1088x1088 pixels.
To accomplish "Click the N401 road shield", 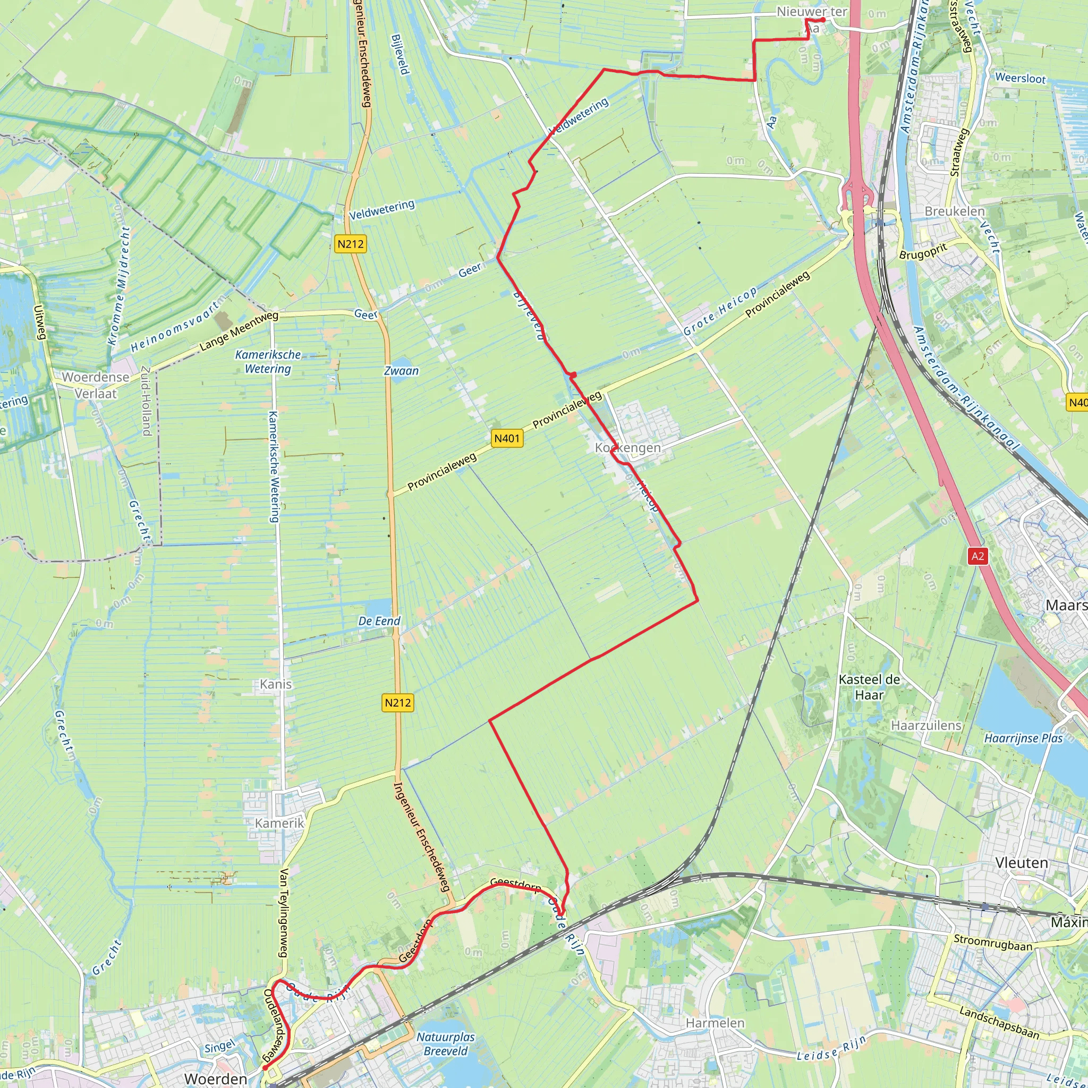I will coord(507,438).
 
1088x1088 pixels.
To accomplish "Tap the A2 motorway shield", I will coord(977,556).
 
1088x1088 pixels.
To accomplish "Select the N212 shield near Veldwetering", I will coord(350,244).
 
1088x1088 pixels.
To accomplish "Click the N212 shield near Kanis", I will coord(397,702).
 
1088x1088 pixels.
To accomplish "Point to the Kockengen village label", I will coord(628,448).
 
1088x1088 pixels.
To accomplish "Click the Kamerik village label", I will coord(279,823).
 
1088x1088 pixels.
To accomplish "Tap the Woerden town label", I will coord(215,1078).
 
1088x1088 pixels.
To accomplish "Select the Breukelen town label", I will coord(955,211).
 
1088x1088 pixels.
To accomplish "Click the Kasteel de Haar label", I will coord(870,687).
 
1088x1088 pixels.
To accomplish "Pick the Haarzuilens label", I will coord(926,725).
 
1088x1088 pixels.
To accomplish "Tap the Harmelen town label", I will coord(715,1023).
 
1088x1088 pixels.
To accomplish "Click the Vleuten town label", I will coord(1022,863).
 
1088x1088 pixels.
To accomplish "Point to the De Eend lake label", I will coord(379,620).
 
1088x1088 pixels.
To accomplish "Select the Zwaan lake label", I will coord(401,371).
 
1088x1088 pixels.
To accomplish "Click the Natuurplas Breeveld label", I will coord(445,1043).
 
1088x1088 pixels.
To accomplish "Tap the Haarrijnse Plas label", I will coord(1023,738).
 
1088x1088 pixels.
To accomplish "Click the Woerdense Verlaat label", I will coord(96,385).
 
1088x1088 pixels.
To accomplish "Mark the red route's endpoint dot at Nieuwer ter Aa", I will coord(823,20).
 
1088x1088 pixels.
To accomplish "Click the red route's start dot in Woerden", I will coord(265,1068).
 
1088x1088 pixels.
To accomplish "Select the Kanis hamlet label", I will coord(275,684).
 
